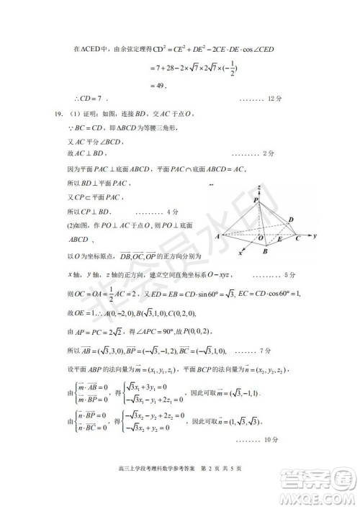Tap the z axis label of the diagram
[257, 186]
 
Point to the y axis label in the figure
[315, 235]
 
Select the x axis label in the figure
[239, 253]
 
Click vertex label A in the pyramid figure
[217, 235]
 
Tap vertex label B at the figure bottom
[266, 251]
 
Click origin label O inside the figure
[261, 238]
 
